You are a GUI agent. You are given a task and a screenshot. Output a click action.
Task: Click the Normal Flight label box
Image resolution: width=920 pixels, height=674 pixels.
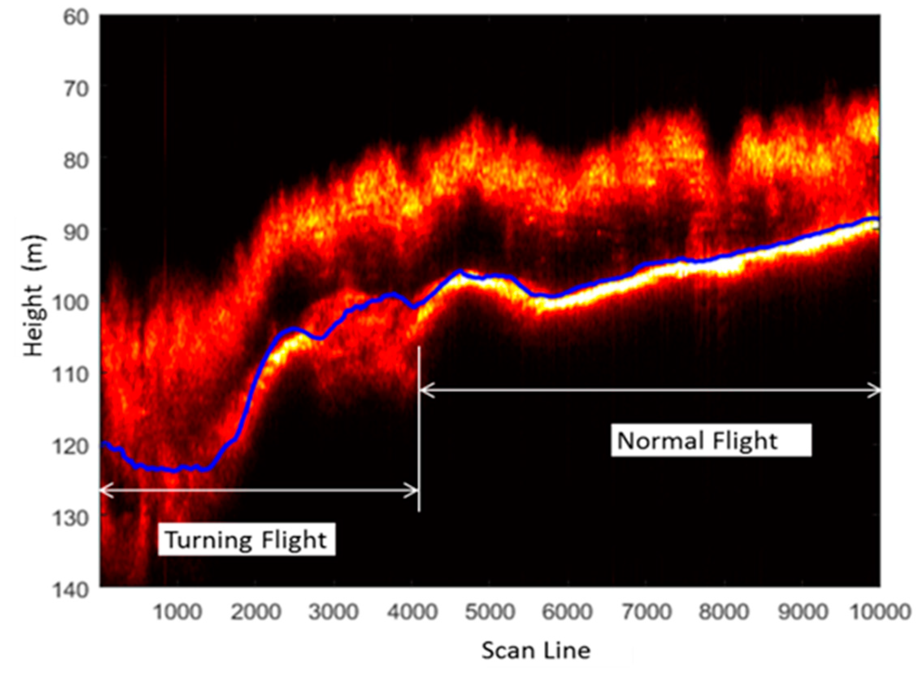(710, 440)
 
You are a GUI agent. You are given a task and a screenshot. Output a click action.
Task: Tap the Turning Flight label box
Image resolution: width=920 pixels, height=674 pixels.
(246, 540)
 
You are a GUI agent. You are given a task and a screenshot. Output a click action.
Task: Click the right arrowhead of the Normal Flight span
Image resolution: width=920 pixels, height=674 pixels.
(877, 390)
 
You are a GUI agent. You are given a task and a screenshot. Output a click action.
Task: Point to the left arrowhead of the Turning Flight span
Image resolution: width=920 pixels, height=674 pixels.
(104, 490)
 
